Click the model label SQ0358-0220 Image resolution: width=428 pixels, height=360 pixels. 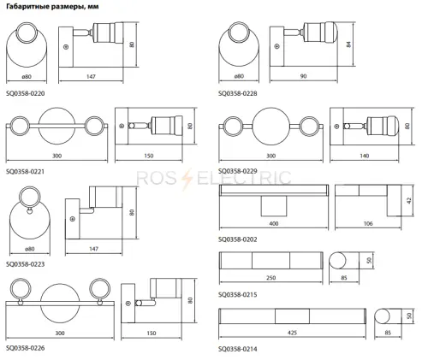(26, 93)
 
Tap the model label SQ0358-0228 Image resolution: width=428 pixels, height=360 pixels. (238, 93)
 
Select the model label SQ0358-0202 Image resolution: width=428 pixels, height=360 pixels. (238, 239)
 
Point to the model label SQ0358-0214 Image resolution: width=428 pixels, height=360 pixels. (238, 349)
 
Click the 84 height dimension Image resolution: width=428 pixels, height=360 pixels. (348, 44)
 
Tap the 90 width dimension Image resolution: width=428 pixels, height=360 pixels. (303, 76)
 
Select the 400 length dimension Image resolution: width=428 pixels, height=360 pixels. (274, 223)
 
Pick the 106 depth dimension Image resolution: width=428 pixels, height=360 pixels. (368, 223)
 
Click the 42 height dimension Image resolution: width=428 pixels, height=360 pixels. (409, 200)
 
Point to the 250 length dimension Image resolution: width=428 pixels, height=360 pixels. (270, 278)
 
